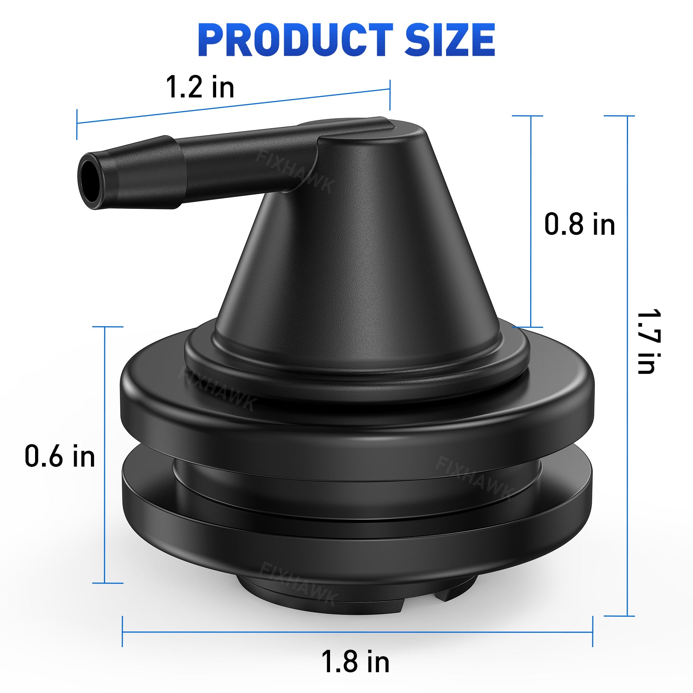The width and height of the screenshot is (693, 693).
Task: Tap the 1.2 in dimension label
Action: pyautogui.click(x=200, y=87)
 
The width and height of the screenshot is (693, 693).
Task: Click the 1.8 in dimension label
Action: pyautogui.click(x=355, y=662)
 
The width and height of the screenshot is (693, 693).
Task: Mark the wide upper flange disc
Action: pyautogui.click(x=355, y=416)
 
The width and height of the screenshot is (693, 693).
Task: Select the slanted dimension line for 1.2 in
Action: pyautogui.click(x=234, y=106)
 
